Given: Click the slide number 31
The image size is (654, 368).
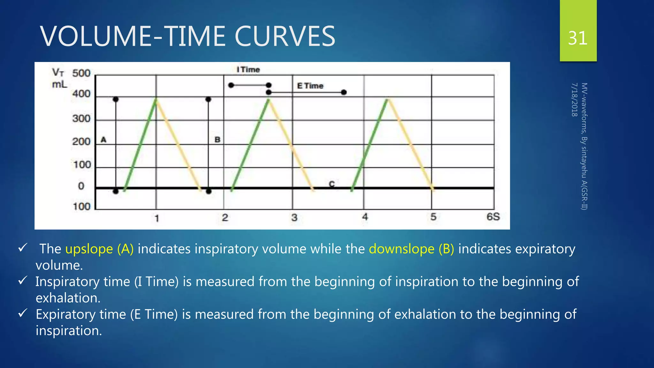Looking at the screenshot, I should [578, 38].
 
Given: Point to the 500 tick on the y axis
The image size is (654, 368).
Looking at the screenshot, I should [81, 73].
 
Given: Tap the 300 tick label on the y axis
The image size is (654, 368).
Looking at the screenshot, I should [81, 119].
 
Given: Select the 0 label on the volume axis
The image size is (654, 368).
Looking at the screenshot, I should [81, 186].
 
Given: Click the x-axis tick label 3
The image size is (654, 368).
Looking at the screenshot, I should [294, 218].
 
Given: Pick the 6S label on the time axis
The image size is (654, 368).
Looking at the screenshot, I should [493, 217].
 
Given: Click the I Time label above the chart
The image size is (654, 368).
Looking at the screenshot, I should [248, 69].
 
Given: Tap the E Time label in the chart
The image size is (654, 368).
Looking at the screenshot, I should [310, 86].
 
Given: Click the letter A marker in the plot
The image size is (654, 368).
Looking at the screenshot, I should [103, 140].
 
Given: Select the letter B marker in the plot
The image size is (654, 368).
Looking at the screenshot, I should [217, 140].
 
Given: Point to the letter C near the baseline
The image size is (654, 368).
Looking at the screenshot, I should [332, 184].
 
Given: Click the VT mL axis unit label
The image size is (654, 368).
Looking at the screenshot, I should [59, 78].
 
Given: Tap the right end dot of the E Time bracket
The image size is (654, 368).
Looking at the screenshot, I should [344, 92].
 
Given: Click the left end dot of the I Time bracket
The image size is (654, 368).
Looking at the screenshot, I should [231, 85].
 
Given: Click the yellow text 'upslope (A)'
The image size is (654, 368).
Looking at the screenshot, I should [99, 249].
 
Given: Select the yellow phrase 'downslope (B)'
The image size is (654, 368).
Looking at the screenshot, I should [411, 249].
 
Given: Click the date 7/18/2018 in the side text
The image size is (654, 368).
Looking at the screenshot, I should [574, 100].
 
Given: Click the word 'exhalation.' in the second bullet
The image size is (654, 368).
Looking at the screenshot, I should [68, 298].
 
